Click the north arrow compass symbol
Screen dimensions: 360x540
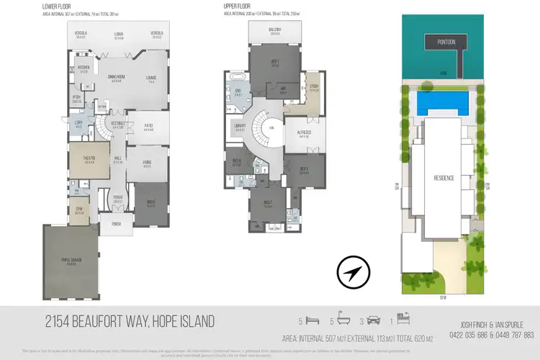354,273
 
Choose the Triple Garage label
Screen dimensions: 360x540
70,263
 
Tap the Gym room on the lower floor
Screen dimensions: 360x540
80,212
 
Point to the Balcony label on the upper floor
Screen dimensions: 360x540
275,31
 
